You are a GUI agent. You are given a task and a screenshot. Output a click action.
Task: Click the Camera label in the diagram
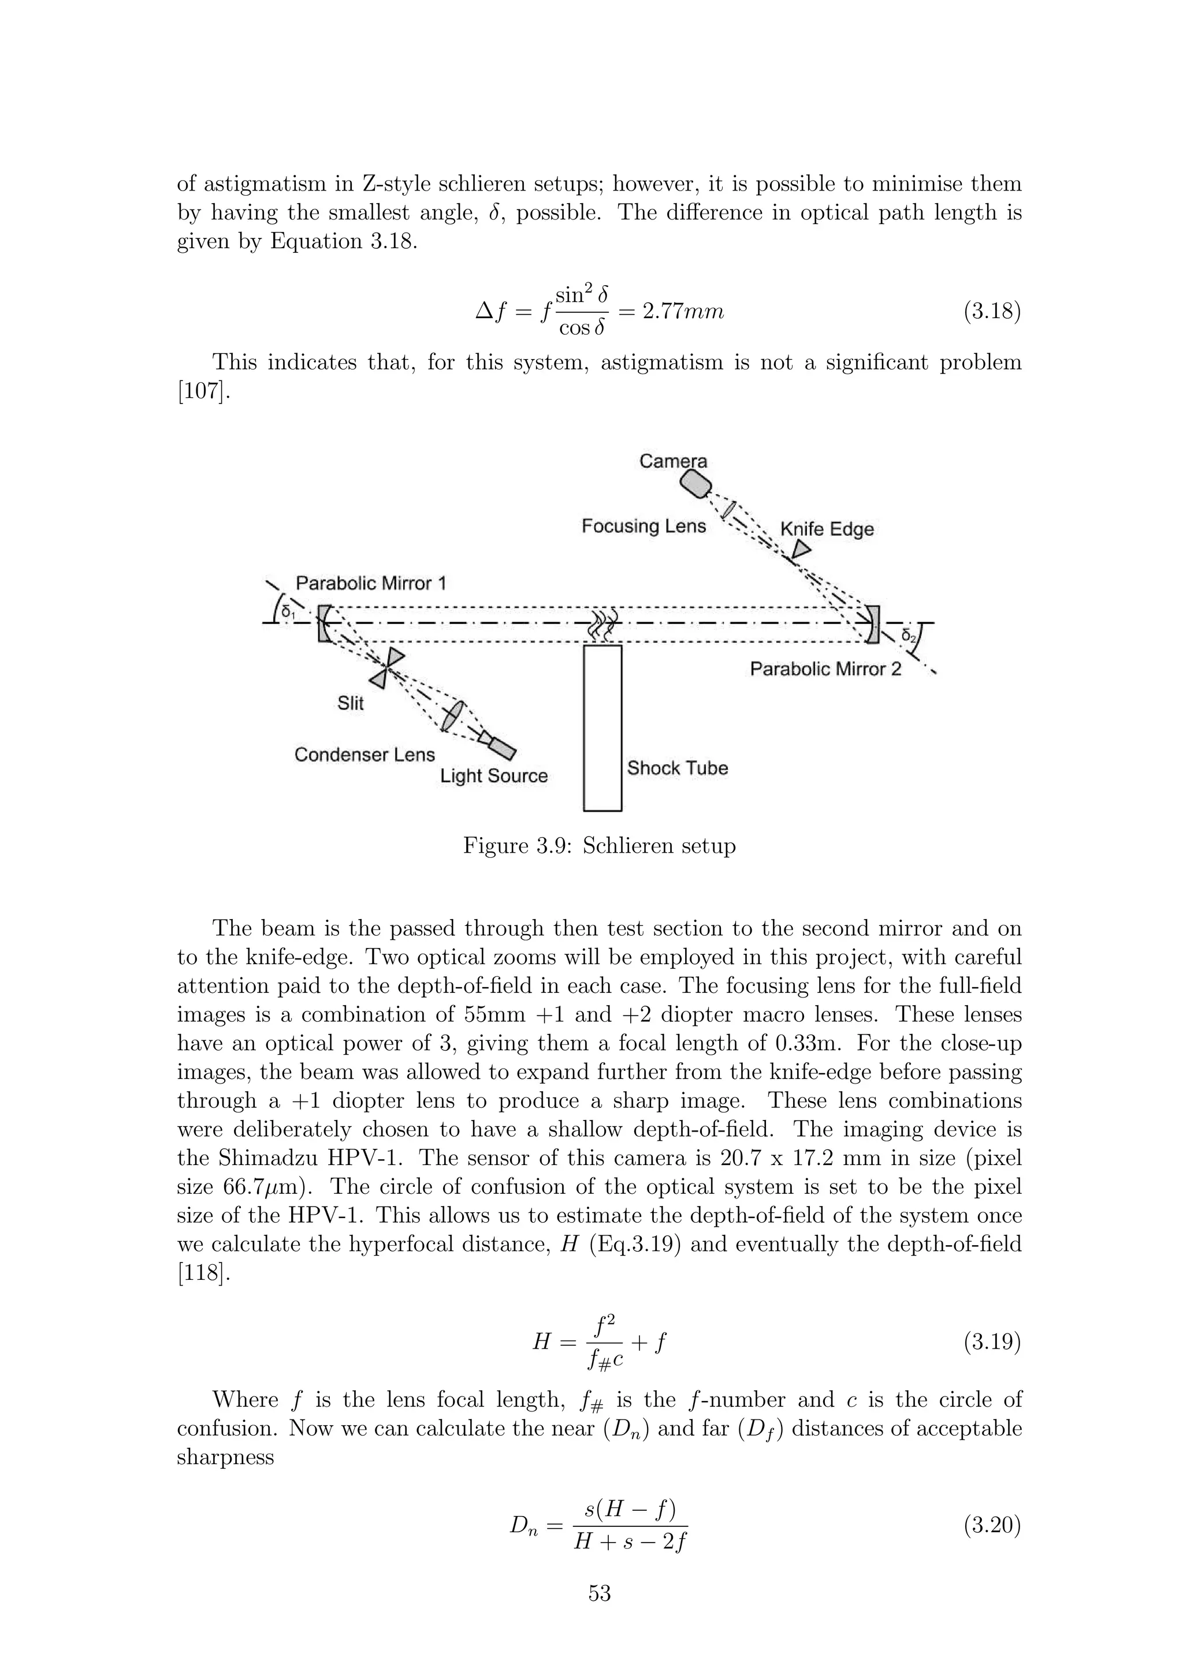pyautogui.click(x=673, y=461)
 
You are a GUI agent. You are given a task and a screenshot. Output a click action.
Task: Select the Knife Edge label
pyautogui.click(x=827, y=529)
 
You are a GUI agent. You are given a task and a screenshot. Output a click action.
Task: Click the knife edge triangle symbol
pyautogui.click(x=801, y=550)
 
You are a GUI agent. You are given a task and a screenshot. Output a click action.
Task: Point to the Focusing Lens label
pyautogui.click(x=643, y=526)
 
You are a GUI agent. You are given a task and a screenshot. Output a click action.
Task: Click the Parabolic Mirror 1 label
pyautogui.click(x=370, y=583)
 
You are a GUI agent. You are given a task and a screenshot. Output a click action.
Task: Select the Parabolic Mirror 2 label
pyautogui.click(x=825, y=669)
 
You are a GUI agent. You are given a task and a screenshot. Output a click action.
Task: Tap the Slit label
pyautogui.click(x=351, y=703)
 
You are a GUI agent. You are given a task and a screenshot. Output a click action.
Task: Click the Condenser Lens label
pyautogui.click(x=364, y=755)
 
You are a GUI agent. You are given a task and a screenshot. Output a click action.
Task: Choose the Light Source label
pyautogui.click(x=493, y=776)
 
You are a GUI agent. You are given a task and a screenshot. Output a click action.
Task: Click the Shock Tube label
pyautogui.click(x=677, y=768)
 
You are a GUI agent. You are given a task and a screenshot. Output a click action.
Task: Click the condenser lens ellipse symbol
pyautogui.click(x=453, y=715)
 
